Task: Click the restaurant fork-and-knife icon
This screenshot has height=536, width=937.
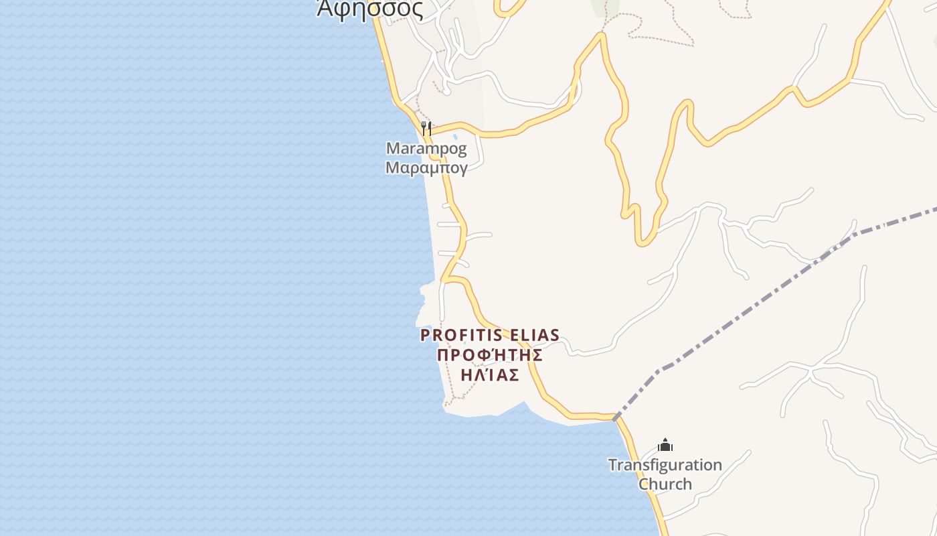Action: pos(426,127)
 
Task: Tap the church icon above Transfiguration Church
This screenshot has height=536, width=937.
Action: pos(665,445)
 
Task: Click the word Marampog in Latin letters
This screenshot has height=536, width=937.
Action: pos(426,148)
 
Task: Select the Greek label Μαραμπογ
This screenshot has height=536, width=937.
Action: pos(426,167)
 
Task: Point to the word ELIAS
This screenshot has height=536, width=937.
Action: pos(535,335)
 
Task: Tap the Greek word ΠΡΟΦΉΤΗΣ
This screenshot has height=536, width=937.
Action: pos(489,355)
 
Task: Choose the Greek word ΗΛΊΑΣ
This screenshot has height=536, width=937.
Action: pos(489,375)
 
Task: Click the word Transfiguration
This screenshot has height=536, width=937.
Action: pos(665,465)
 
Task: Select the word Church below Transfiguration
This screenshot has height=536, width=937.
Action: pos(665,484)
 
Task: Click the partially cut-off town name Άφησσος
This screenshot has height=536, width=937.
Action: pos(369,9)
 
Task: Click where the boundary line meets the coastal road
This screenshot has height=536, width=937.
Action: pos(614,418)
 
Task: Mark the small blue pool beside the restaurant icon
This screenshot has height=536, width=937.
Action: pos(455,137)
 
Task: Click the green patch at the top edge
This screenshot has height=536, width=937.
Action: pos(606,7)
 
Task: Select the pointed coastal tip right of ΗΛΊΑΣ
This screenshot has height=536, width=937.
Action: pos(523,403)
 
